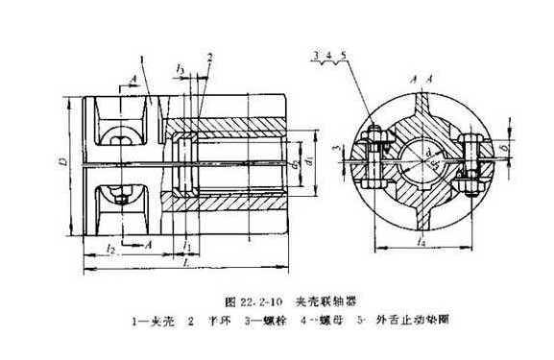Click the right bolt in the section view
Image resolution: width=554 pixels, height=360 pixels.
point(474,163)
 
